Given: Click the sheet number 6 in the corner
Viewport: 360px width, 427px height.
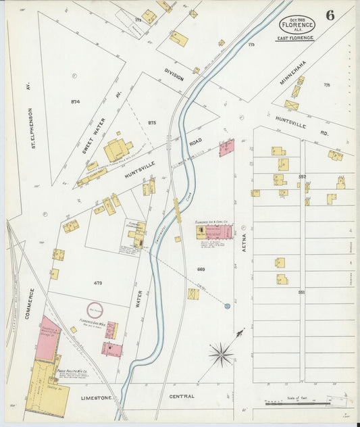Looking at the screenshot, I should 330,16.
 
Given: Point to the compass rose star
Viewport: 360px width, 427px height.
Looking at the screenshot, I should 220,353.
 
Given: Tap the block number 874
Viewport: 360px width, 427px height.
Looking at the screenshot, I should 76,101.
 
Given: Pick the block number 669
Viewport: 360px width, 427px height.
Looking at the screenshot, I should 201,269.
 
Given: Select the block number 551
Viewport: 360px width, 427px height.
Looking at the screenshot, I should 301,292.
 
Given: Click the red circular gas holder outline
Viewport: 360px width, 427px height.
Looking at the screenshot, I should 95,310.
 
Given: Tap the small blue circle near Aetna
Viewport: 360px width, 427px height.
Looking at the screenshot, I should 227,306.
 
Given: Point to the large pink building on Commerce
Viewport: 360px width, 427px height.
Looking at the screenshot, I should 47,338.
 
